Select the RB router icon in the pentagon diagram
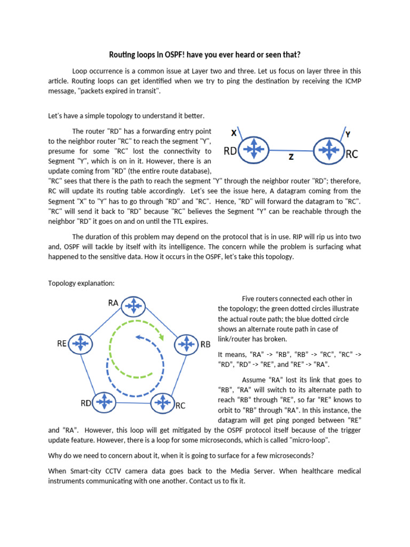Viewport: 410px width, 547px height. click(x=186, y=344)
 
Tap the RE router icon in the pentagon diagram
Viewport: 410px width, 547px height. click(x=80, y=343)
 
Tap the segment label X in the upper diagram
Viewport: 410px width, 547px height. click(x=234, y=132)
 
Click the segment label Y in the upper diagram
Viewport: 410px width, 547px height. click(x=348, y=135)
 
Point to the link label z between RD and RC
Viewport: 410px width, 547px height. click(x=290, y=157)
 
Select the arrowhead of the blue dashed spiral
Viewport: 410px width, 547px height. click(x=138, y=337)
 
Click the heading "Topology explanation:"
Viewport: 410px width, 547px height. click(x=81, y=283)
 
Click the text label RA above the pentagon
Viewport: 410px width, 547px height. click(x=113, y=303)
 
